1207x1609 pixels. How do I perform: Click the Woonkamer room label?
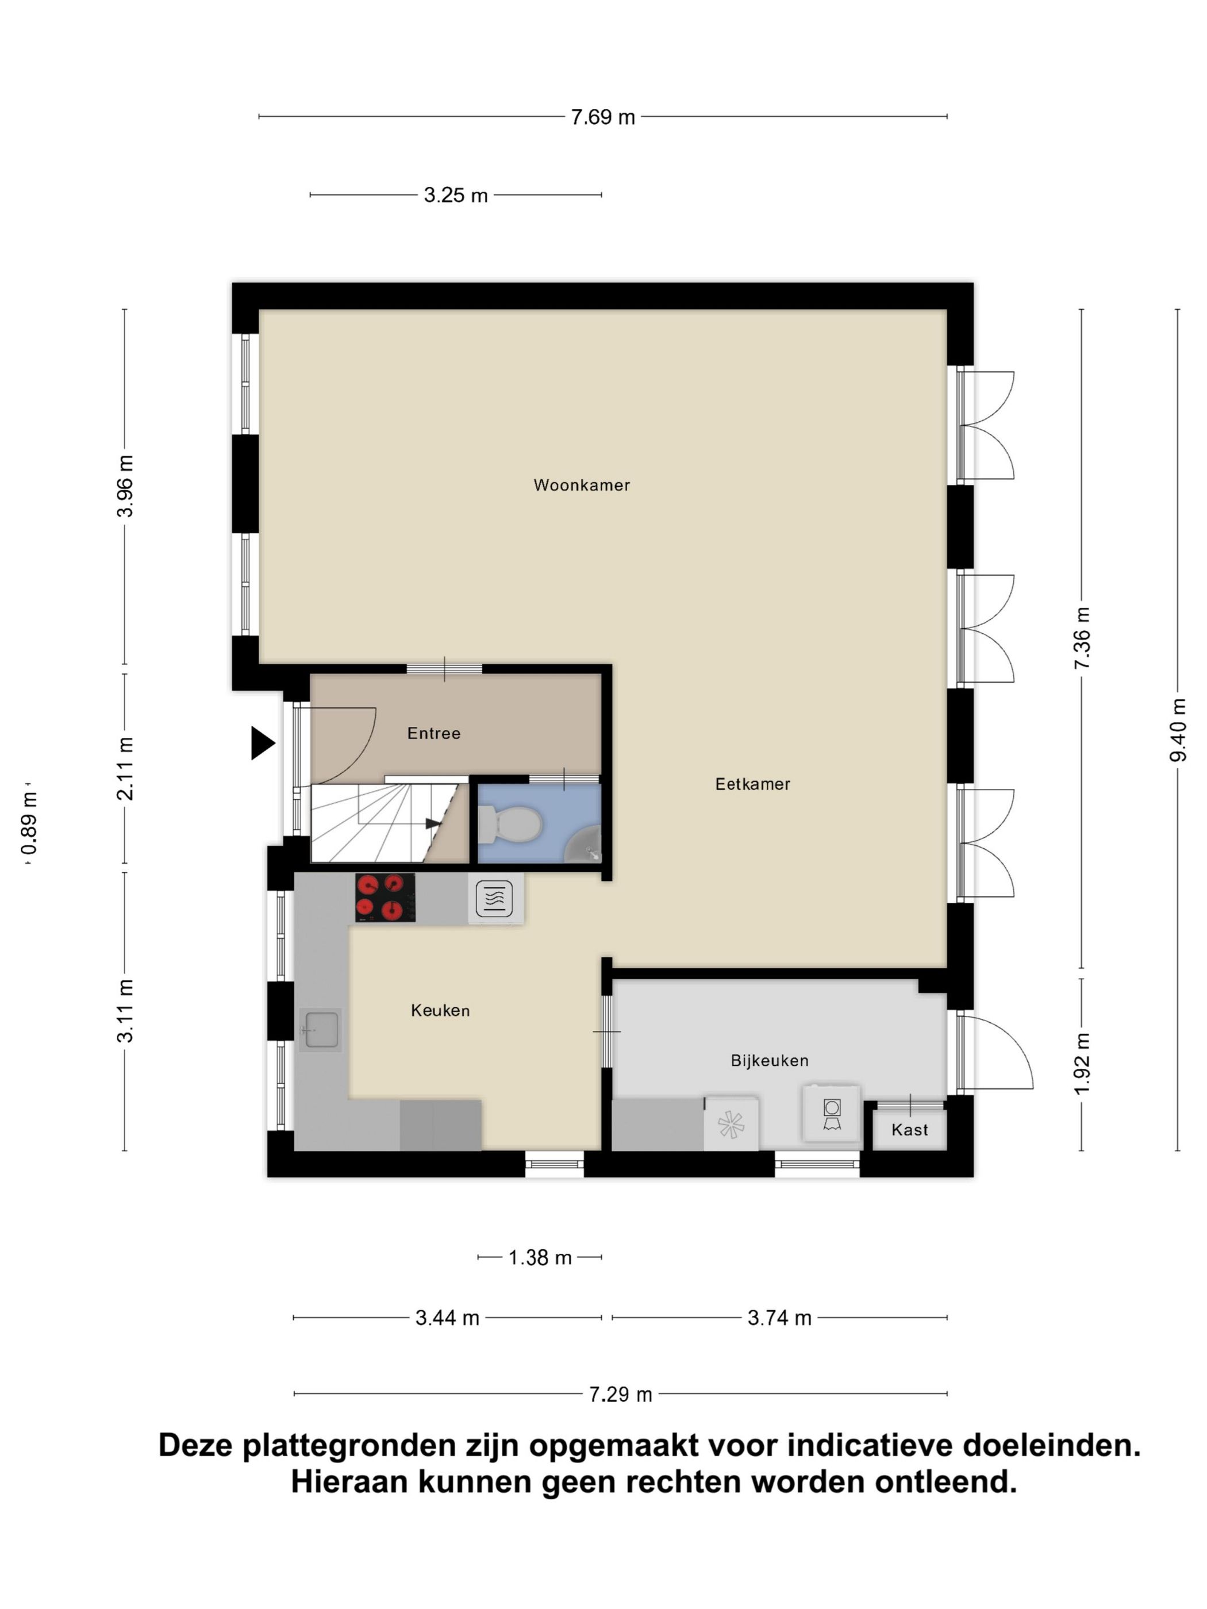coord(581,485)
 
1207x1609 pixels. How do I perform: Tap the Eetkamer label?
coord(752,784)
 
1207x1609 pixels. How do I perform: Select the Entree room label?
coord(433,733)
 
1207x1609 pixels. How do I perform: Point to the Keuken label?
coord(440,1010)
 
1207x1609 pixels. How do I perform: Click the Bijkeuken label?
coord(770,1061)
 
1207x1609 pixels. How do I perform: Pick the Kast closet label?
coord(909,1130)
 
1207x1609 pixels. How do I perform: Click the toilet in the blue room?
coord(518,825)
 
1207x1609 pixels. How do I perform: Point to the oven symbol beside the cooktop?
coord(494,898)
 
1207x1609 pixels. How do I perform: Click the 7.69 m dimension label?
coord(602,117)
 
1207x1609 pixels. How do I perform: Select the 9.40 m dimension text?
coord(1178,730)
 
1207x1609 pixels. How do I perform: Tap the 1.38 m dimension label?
coord(540,1258)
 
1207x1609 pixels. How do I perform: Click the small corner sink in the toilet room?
coord(586,846)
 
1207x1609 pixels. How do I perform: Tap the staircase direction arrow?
coord(432,823)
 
